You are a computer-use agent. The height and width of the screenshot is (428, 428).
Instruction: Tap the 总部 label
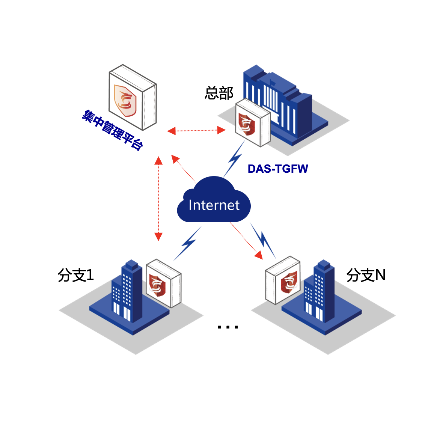click(219, 93)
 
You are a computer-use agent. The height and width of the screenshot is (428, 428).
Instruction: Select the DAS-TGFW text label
click(278, 169)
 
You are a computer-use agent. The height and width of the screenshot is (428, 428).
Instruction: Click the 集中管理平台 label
click(112, 130)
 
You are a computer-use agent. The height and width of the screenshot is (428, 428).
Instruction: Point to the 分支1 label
click(75, 275)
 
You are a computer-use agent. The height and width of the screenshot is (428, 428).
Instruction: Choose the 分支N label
click(366, 275)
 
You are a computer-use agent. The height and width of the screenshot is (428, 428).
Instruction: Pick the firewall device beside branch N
click(283, 280)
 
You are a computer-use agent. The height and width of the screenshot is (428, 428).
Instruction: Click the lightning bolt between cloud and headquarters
click(234, 159)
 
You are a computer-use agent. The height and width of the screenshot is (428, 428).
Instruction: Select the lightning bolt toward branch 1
click(187, 244)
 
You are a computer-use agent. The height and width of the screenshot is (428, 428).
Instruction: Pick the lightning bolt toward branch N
click(264, 240)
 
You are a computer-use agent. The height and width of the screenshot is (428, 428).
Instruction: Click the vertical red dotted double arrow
click(158, 199)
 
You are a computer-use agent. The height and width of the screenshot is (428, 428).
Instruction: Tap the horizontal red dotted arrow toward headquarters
click(196, 131)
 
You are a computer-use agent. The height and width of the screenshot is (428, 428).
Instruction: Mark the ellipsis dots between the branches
click(228, 327)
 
